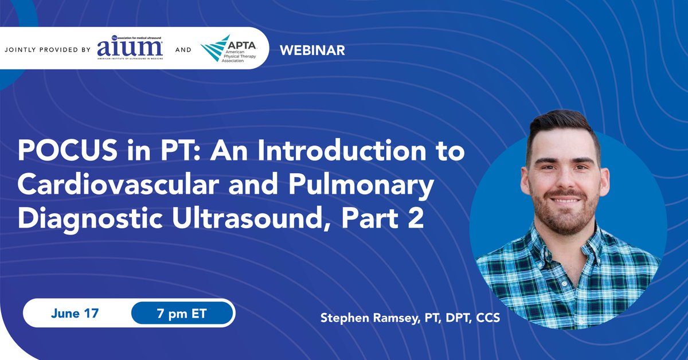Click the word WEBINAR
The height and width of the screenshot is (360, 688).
coord(312,50)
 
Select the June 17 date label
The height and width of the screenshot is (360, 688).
coord(75,314)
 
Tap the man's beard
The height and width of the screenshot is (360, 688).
coord(565,215)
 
